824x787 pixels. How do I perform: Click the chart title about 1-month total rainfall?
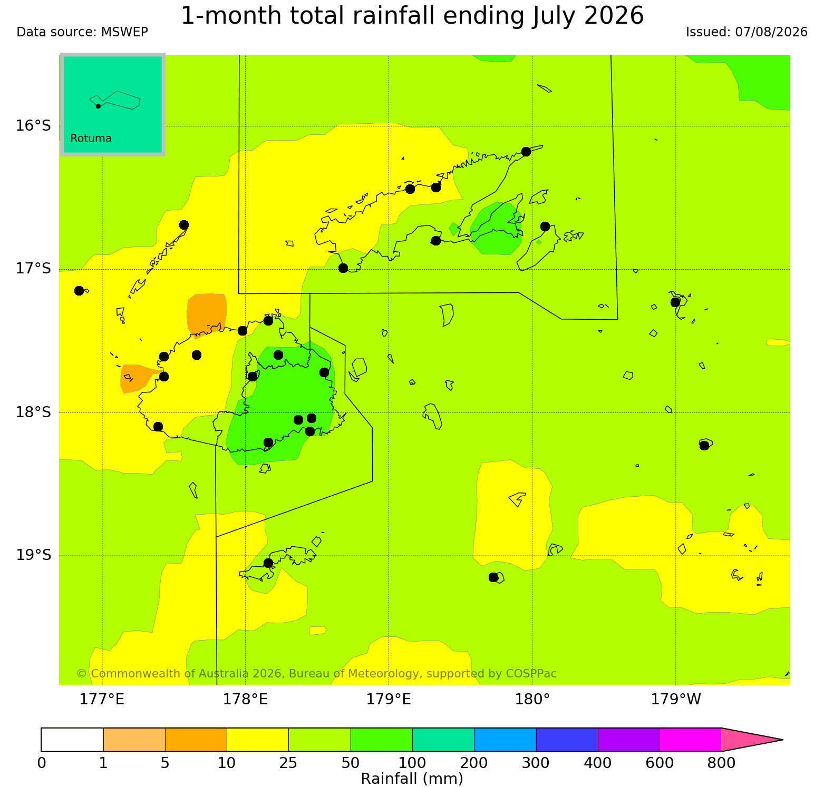(412, 16)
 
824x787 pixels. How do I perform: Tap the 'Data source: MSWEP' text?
(82, 32)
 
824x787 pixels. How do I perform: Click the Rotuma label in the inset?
(91, 139)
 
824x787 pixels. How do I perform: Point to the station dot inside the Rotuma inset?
(98, 106)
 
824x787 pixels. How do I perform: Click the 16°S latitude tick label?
(33, 126)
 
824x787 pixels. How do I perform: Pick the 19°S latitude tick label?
(33, 555)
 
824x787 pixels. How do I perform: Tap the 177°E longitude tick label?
(102, 700)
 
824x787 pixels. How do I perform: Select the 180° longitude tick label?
(532, 700)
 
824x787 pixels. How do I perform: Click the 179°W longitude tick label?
(676, 700)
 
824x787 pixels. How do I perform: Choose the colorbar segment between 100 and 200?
(443, 740)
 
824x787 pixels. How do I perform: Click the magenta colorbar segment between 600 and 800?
(691, 740)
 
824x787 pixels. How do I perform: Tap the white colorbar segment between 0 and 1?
(72, 740)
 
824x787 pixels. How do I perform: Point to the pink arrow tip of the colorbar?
(782, 740)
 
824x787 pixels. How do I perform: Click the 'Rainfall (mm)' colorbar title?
(412, 779)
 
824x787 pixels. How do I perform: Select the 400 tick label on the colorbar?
(598, 762)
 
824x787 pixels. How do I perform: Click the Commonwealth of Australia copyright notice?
(316, 674)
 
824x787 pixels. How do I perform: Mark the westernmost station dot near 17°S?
(79, 291)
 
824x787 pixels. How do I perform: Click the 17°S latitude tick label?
(33, 269)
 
